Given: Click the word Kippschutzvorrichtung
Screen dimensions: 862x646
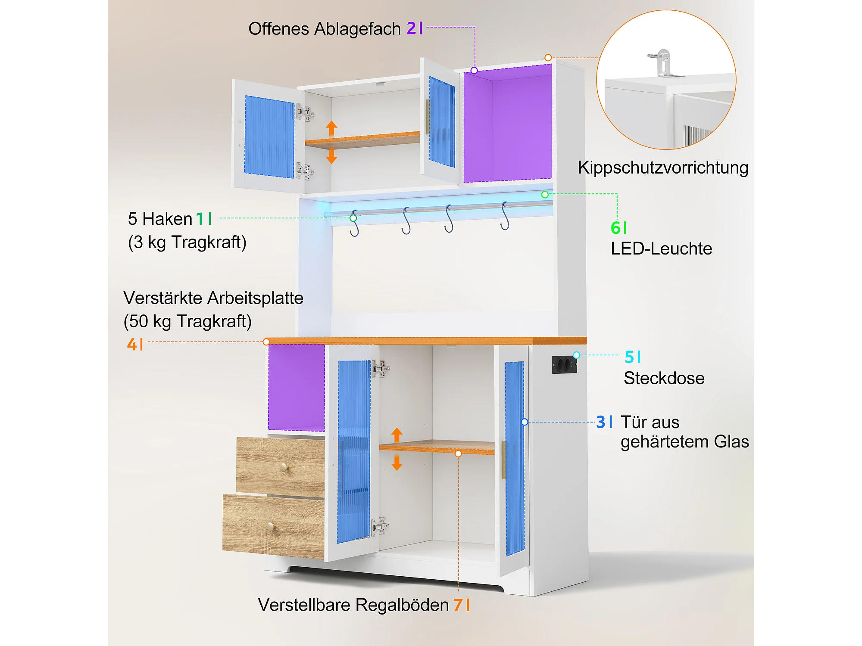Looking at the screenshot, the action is (x=663, y=168).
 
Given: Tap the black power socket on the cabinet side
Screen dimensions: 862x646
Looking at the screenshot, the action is (x=564, y=365).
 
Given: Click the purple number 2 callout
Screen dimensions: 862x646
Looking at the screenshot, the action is (x=412, y=28).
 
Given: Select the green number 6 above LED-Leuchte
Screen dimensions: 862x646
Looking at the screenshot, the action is (x=615, y=228).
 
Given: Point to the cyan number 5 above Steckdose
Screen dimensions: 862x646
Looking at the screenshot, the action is (x=629, y=357).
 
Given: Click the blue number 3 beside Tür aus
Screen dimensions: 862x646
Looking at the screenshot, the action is (x=601, y=422).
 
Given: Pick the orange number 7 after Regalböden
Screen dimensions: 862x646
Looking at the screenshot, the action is (x=458, y=605).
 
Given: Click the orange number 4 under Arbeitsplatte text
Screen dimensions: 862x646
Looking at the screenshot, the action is (x=132, y=344).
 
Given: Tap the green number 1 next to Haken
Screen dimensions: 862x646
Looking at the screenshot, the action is (x=200, y=219).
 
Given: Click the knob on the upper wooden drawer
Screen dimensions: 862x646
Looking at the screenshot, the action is (x=284, y=466).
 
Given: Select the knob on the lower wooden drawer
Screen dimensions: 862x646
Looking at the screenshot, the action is (x=270, y=526).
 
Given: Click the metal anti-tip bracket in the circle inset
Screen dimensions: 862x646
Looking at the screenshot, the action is (x=663, y=63).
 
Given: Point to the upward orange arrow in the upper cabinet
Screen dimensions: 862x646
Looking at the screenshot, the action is (x=331, y=129).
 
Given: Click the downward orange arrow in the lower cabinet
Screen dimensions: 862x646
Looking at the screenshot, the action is (x=397, y=463).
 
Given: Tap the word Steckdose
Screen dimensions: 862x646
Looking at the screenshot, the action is (x=664, y=378).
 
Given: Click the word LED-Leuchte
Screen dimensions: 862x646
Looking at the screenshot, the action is (x=662, y=248).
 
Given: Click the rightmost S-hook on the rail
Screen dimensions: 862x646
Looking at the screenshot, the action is (x=505, y=216).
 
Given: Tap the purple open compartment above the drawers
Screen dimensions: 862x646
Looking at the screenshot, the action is (x=297, y=387).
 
